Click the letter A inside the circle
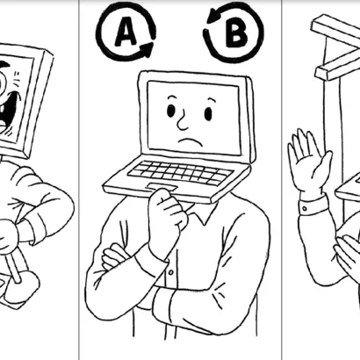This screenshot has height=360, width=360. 126,32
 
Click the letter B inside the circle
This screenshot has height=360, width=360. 236,33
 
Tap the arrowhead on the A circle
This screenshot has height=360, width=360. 148,48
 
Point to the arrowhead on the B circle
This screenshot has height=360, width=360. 213,15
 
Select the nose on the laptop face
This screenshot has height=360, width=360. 183,121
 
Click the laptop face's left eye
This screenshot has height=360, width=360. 171,111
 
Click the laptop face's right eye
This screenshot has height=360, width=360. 208,113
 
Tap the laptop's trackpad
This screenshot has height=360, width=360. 162,187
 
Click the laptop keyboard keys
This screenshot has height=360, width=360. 181,174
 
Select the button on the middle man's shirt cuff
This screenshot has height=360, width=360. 171,272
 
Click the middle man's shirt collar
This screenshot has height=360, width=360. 201,213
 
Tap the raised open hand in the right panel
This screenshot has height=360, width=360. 309,164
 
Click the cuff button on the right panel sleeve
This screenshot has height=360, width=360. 305,209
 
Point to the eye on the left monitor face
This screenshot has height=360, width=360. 4,82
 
